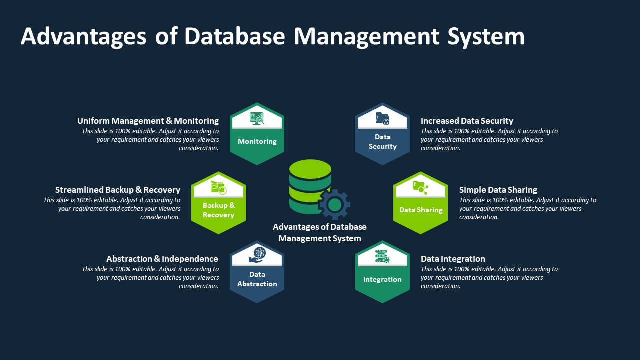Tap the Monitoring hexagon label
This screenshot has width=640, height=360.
257,141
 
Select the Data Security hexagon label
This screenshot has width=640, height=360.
382,141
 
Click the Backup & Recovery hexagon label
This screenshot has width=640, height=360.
218,210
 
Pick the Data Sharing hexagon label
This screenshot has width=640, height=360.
421,210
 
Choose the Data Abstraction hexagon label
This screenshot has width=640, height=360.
257,279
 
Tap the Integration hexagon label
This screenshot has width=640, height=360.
382,279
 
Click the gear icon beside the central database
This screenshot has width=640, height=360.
334,204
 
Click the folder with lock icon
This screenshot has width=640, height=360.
382,119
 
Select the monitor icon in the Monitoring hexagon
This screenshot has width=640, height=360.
257,118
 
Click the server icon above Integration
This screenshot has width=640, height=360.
382,256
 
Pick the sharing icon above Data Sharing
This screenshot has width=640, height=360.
420,188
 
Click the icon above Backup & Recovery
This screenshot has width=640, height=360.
218,187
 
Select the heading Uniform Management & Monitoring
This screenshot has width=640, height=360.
148,121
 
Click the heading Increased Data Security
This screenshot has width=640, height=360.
467,121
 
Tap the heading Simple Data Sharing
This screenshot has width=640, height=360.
498,190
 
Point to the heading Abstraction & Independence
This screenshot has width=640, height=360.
162,259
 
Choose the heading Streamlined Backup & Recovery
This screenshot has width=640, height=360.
117,190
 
